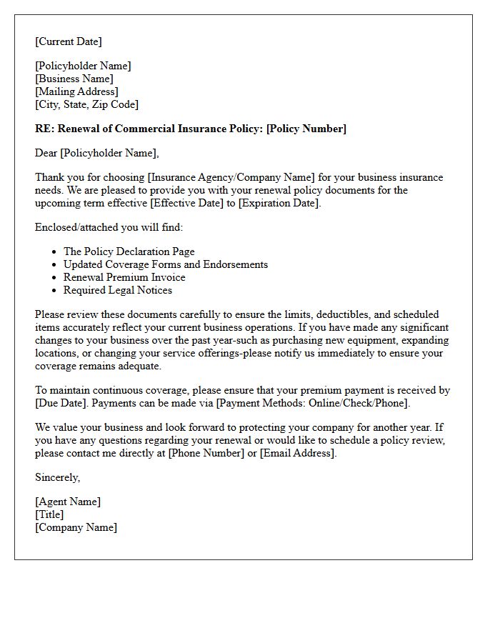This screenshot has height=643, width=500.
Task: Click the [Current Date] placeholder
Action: point(69,41)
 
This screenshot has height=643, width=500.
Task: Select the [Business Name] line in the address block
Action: point(74,79)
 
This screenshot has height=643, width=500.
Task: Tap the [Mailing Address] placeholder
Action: point(76,91)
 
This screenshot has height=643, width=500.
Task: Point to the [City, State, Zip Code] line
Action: point(86,104)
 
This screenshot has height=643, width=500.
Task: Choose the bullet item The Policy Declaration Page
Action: point(129,251)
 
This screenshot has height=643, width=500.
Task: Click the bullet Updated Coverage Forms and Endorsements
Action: point(165,264)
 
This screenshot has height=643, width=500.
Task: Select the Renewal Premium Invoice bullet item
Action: point(124,277)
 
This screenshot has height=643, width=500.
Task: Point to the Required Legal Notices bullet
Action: point(118,290)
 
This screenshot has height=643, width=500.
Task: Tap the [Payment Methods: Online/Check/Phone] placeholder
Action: point(317,403)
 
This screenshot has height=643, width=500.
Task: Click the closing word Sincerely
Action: point(57,477)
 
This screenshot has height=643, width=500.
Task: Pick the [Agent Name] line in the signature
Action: point(68,502)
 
